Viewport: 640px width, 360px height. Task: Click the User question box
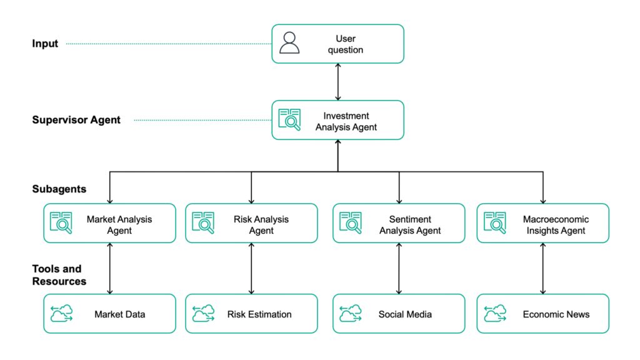point(337,44)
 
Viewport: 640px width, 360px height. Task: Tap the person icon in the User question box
point(289,43)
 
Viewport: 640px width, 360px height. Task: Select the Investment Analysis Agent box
point(337,120)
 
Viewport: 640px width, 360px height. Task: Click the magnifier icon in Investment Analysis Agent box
point(289,120)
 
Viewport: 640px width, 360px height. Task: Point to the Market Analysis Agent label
point(119,225)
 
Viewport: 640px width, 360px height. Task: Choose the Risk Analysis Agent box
point(251,223)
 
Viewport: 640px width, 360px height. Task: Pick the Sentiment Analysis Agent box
point(399,223)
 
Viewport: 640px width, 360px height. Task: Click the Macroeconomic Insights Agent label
point(555,225)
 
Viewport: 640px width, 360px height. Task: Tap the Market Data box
point(109,314)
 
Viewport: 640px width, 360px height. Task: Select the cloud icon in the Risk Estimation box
point(203,314)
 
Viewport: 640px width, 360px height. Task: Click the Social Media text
point(405,314)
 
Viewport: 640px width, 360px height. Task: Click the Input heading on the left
point(45,44)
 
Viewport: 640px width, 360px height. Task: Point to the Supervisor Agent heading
point(76,120)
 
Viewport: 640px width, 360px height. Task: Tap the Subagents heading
point(59,189)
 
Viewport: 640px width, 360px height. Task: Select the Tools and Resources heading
point(59,275)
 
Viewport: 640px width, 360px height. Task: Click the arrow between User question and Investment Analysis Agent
point(338,82)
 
